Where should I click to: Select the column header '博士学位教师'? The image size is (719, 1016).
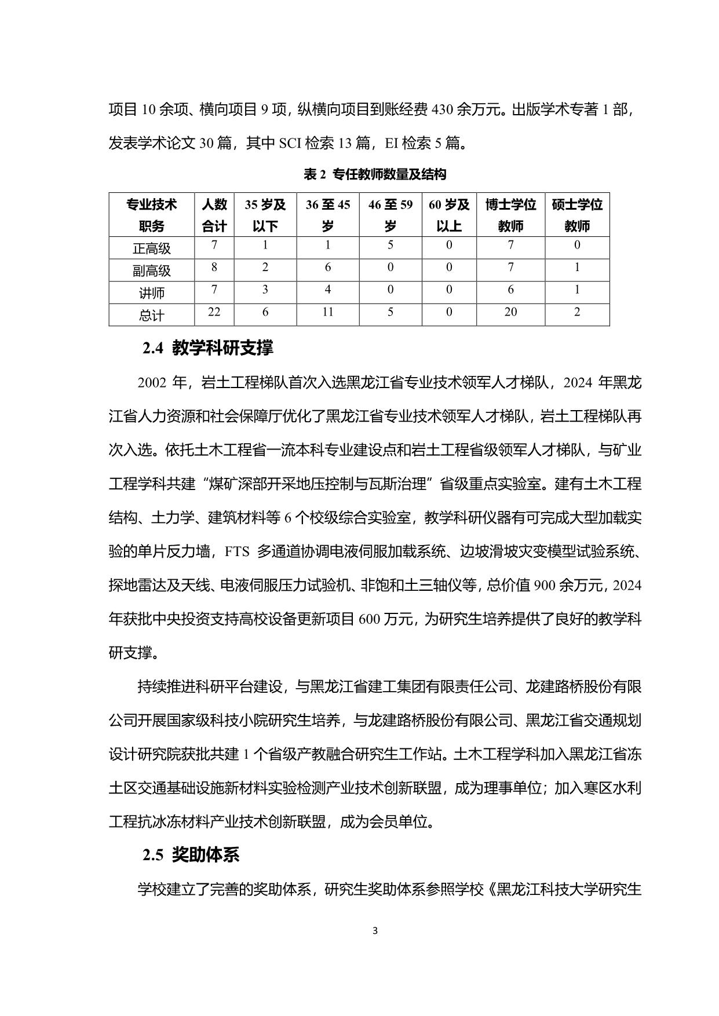click(x=510, y=215)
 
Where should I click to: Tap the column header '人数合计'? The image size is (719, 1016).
click(x=214, y=215)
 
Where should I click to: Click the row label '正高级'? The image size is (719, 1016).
click(x=151, y=248)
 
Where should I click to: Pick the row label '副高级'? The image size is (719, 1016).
click(x=151, y=271)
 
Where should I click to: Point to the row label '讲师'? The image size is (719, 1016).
click(x=151, y=293)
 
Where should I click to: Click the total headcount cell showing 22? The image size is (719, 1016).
click(x=214, y=312)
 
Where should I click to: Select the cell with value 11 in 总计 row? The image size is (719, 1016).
click(x=328, y=312)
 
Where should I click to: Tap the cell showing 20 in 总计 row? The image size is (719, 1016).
click(x=510, y=312)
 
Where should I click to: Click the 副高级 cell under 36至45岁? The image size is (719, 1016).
click(x=328, y=268)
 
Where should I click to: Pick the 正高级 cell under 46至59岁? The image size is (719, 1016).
click(x=390, y=245)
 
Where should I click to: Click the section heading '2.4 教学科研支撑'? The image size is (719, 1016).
click(x=207, y=348)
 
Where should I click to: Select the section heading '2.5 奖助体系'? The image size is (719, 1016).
click(x=191, y=855)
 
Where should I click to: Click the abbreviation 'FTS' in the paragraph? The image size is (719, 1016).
click(x=236, y=552)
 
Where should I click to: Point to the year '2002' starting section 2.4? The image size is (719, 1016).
click(x=152, y=383)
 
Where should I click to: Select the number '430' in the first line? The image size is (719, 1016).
click(x=442, y=109)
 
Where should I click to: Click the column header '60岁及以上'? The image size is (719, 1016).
click(x=449, y=215)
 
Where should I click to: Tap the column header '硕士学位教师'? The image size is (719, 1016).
click(x=577, y=215)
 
